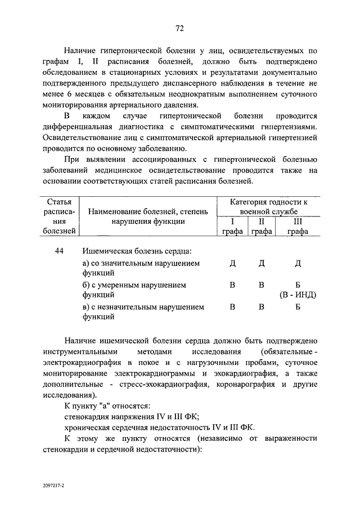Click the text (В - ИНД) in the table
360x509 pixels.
(x=298, y=295)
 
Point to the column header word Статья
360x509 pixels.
(x=60, y=201)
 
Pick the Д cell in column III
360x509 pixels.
(x=298, y=263)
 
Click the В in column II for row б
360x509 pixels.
(x=261, y=285)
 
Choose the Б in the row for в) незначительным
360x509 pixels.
(x=298, y=307)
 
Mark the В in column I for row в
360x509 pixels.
(x=232, y=307)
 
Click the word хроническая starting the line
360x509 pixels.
(x=88, y=427)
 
